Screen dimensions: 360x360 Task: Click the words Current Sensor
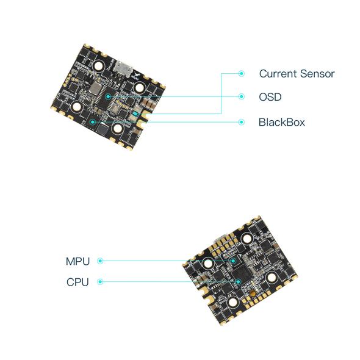(297, 74)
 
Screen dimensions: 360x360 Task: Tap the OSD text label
(270, 97)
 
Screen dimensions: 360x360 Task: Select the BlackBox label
(282, 122)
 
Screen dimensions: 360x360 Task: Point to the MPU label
(77, 261)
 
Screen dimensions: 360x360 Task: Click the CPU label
(77, 282)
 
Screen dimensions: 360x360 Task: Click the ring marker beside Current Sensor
(241, 73)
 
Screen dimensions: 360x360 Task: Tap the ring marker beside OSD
(241, 96)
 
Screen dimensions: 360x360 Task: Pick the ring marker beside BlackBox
(241, 122)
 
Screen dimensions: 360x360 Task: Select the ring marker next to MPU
(100, 261)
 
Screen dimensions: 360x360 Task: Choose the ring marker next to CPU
(100, 282)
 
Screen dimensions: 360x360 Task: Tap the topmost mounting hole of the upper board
(99, 66)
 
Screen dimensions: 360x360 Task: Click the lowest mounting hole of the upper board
(118, 128)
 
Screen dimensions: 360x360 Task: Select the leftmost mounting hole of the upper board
(77, 107)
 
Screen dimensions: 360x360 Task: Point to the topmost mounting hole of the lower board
(247, 239)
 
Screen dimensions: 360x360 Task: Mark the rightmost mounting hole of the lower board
(272, 278)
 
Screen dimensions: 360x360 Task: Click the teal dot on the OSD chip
(108, 96)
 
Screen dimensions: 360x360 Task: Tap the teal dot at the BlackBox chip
(93, 122)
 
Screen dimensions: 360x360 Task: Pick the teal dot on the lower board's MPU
(233, 261)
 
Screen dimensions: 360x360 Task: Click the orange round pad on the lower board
(253, 293)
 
